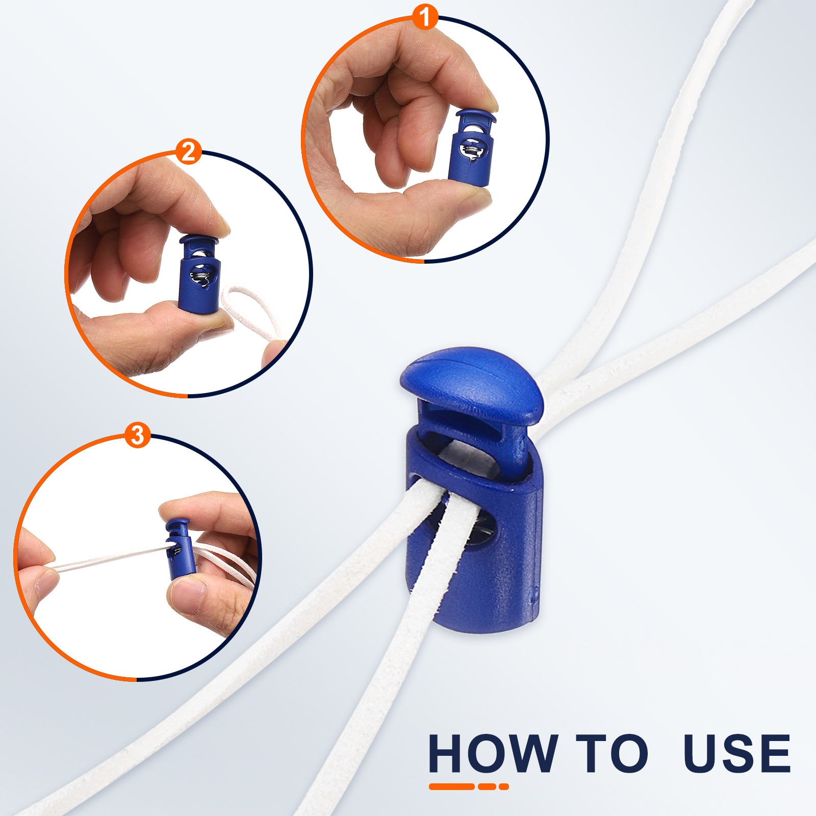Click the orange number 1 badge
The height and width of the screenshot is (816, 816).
[x=424, y=17]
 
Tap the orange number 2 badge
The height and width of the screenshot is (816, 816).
[x=188, y=151]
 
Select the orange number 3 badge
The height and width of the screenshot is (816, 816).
[x=138, y=436]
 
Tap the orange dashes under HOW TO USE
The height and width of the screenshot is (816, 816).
[x=469, y=786]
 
